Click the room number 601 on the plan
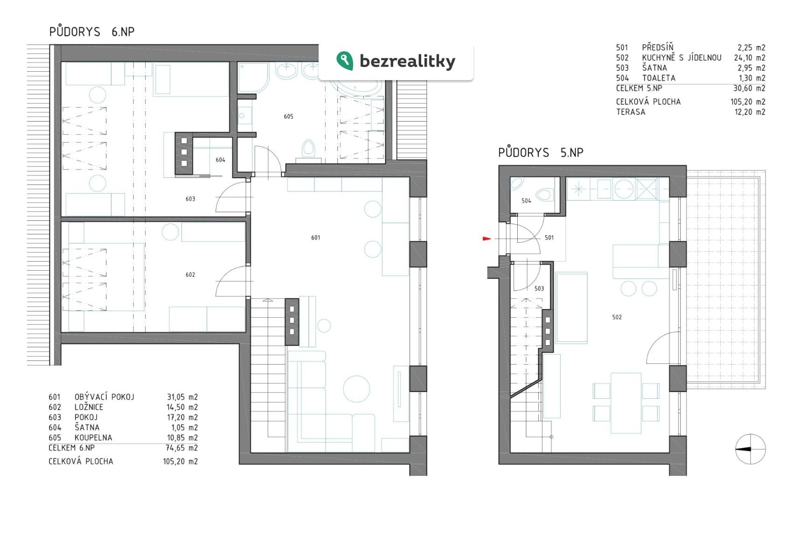[x=315, y=238]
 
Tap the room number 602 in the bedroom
[x=190, y=274]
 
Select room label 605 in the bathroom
[x=288, y=116]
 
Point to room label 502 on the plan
[x=617, y=317]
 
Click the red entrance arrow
[x=487, y=239]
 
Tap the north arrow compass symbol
[x=750, y=449]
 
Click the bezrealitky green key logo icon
[x=345, y=61]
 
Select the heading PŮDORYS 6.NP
[x=92, y=31]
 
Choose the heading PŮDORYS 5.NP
[x=541, y=152]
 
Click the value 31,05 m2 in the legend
[x=182, y=397]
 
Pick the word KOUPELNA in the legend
[x=93, y=437]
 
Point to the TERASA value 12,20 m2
[x=750, y=112]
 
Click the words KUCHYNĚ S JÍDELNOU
[x=681, y=57]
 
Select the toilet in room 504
[x=544, y=195]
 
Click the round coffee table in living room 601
[x=356, y=389]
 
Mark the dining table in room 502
[x=626, y=403]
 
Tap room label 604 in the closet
[x=220, y=160]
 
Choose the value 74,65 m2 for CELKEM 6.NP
[x=182, y=448]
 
